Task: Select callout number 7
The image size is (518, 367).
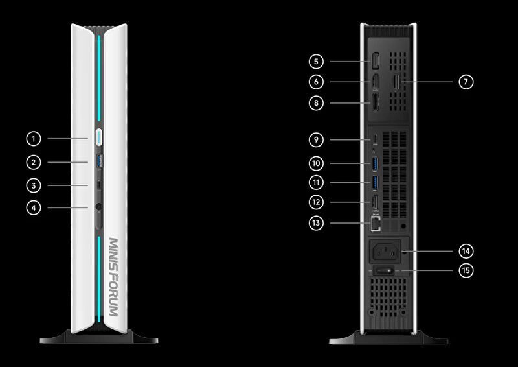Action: pos(465,82)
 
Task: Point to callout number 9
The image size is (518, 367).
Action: pos(315,139)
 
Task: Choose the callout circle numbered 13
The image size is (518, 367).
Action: pos(315,223)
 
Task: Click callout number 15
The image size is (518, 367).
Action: pos(465,270)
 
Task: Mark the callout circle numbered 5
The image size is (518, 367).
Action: pos(315,62)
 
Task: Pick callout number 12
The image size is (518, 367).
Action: pos(315,202)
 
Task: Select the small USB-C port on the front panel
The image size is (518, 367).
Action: pos(98,185)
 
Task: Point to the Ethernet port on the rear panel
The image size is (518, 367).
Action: pos(374,224)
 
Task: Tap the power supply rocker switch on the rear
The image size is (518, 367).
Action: pos(385,270)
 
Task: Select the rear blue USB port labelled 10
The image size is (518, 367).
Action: pos(375,162)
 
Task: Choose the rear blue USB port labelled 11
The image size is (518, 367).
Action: pos(375,183)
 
